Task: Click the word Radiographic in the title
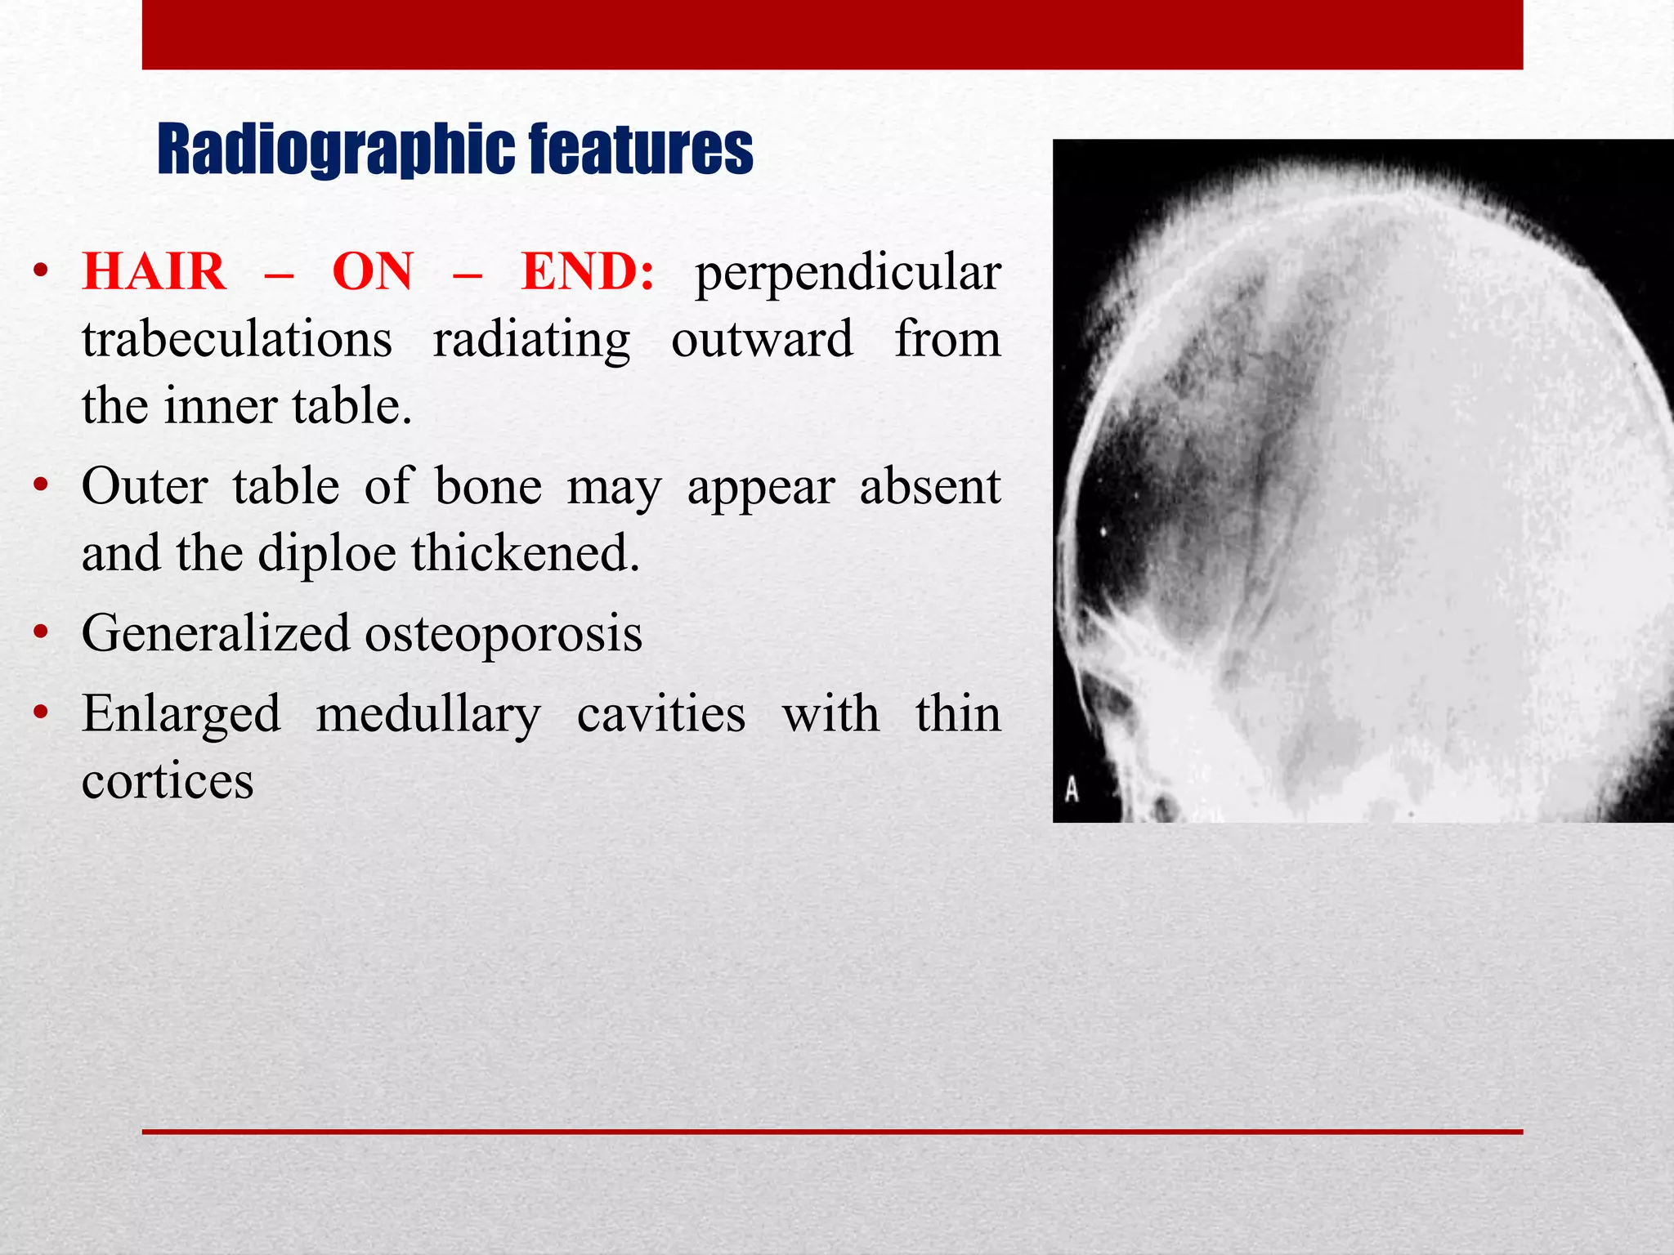pyautogui.click(x=335, y=150)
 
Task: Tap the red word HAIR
pyautogui.click(x=154, y=272)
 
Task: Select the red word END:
pyautogui.click(x=588, y=272)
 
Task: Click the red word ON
pyautogui.click(x=373, y=272)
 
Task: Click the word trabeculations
pyautogui.click(x=237, y=339)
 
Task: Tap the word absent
pyautogui.click(x=929, y=488)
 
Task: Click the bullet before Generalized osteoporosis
pyautogui.click(x=41, y=634)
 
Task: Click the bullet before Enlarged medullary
pyautogui.click(x=41, y=713)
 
